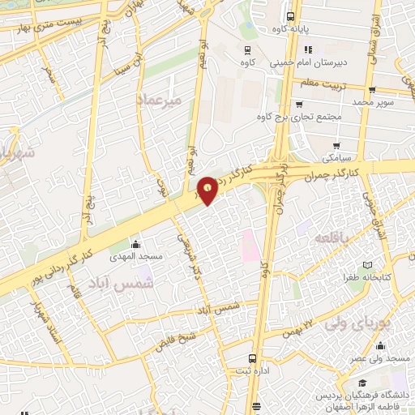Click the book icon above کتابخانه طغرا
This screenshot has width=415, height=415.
[369, 265]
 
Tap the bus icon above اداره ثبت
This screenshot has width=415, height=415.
[253, 357]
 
